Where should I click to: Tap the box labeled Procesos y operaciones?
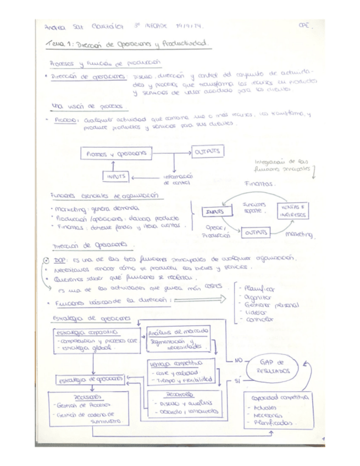click(116, 154)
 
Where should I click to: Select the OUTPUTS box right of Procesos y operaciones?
click(207, 150)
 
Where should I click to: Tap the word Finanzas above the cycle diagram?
click(259, 185)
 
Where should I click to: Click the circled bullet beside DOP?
click(46, 260)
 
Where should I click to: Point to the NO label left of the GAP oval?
click(237, 361)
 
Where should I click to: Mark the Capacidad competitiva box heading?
click(280, 397)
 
